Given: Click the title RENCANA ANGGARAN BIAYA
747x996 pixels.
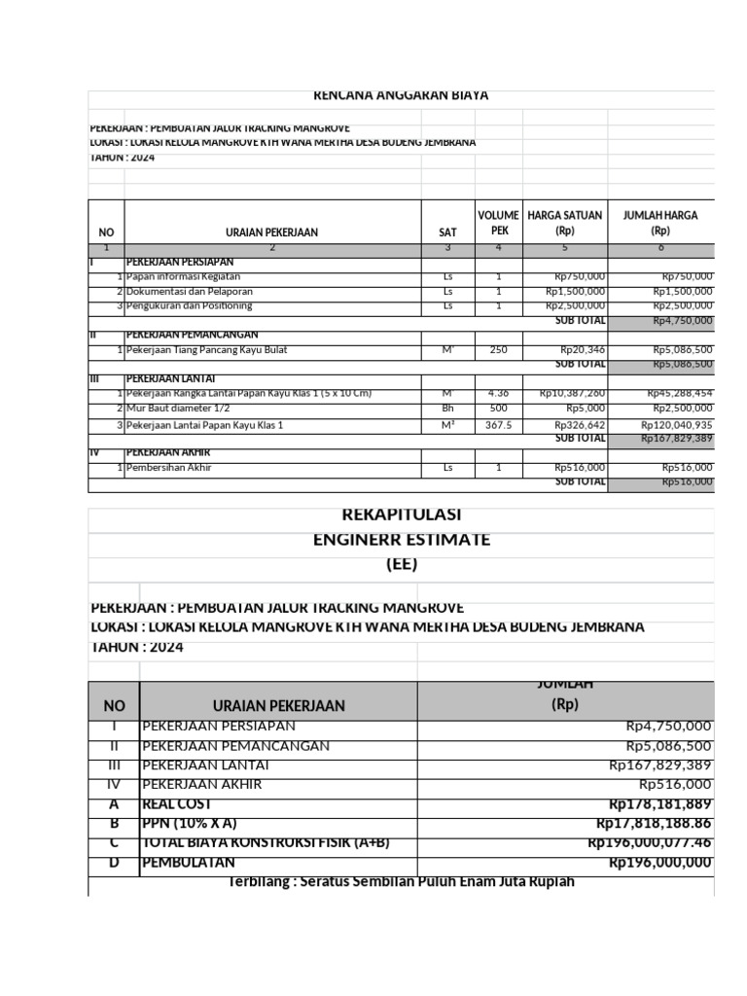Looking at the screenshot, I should click(401, 95).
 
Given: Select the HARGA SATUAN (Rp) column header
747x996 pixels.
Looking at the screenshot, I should click(564, 223).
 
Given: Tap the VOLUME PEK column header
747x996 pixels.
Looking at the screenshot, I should click(499, 223).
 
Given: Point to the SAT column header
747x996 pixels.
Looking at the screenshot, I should click(447, 232).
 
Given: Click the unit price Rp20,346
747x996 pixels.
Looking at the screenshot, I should click(582, 350).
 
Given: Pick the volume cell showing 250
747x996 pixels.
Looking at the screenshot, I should click(499, 350).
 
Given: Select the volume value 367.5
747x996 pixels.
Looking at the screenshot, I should click(499, 425).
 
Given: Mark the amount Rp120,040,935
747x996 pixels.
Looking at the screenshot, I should click(676, 425).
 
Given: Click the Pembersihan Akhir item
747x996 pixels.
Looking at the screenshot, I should click(169, 468).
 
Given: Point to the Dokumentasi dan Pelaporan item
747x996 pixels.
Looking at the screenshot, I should click(190, 291).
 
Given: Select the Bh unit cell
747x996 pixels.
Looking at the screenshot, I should click(447, 409).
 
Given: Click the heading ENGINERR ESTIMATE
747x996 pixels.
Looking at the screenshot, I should click(401, 539).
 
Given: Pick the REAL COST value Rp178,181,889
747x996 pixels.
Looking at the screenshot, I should click(660, 803).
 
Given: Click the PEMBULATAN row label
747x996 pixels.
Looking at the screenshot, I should click(191, 863).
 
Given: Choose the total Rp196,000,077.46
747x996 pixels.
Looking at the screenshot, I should click(650, 842).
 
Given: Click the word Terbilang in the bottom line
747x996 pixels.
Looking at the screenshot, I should click(259, 882).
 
